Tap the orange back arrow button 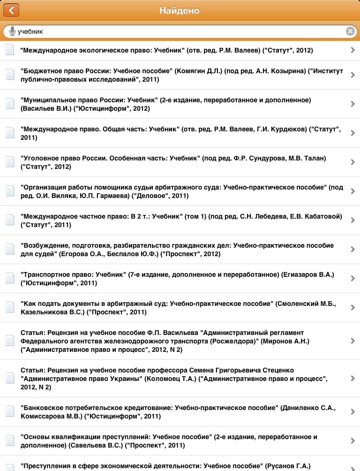pos(11,10)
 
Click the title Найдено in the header pos(180,10)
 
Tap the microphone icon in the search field pos(12,31)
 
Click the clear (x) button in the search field pos(350,31)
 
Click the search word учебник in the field pos(30,31)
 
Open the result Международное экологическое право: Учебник pos(166,50)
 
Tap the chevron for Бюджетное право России pos(352,75)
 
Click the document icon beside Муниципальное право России pos(10,104)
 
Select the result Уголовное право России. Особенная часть pos(173,162)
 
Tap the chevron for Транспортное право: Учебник pos(352,279)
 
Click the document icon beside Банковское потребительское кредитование pos(10,412)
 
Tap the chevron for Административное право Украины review pos(352,379)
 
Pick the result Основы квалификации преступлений pos(169,441)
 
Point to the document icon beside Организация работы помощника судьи pos(10,191)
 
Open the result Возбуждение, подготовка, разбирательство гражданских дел pos(177,250)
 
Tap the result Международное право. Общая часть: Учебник pos(180,133)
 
